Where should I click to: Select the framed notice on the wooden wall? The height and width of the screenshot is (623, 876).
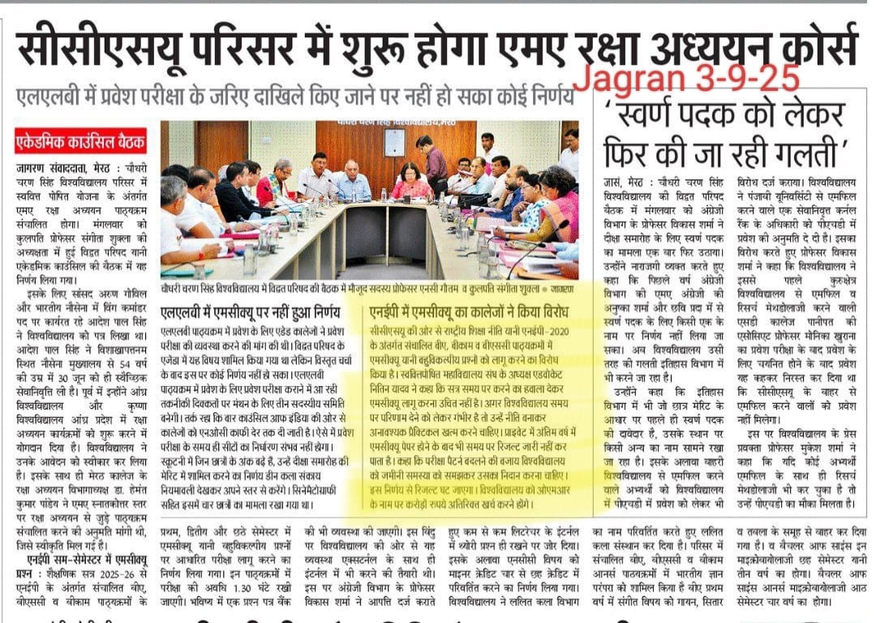[x=394, y=142]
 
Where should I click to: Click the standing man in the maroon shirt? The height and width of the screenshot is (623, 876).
[x=434, y=162]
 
